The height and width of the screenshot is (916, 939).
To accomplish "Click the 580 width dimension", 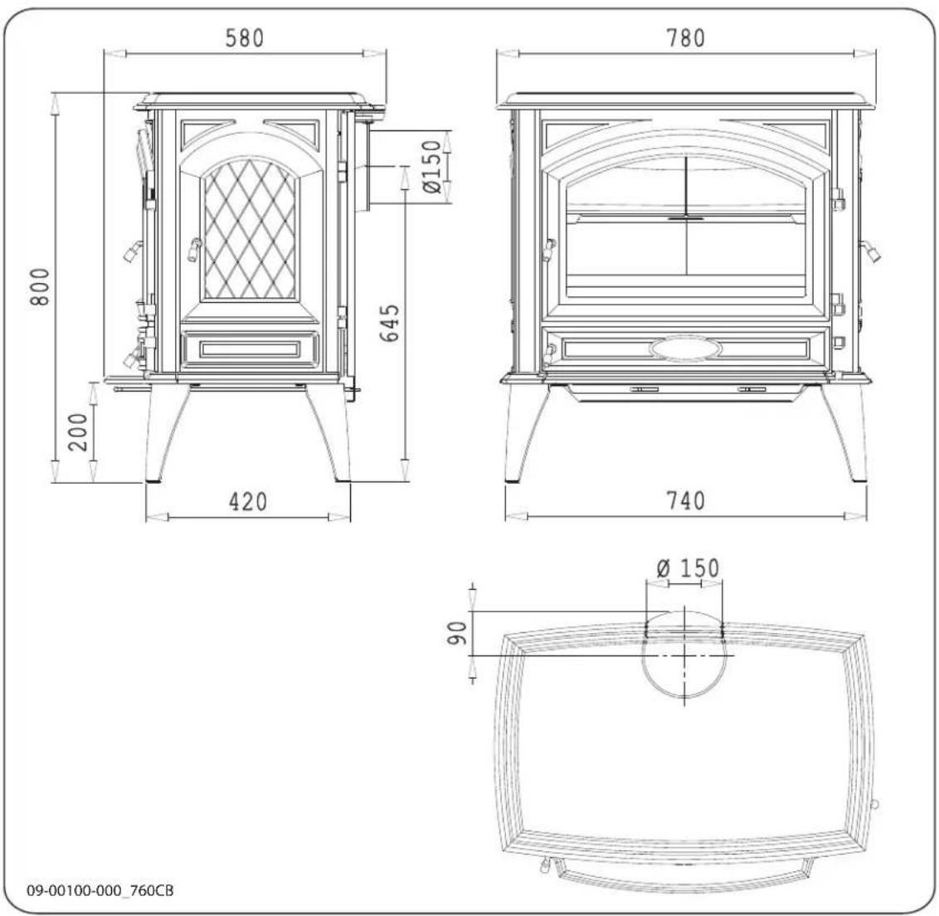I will [245, 38].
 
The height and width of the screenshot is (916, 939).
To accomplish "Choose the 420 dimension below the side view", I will [247, 502].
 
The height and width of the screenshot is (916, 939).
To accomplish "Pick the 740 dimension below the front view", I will [684, 501].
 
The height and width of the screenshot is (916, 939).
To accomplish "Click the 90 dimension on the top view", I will [455, 634].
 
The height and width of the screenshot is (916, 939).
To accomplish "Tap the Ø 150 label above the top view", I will [688, 569].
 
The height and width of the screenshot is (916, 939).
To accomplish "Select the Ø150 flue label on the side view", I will [431, 168].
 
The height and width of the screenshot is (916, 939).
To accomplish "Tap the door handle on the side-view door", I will [193, 246].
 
